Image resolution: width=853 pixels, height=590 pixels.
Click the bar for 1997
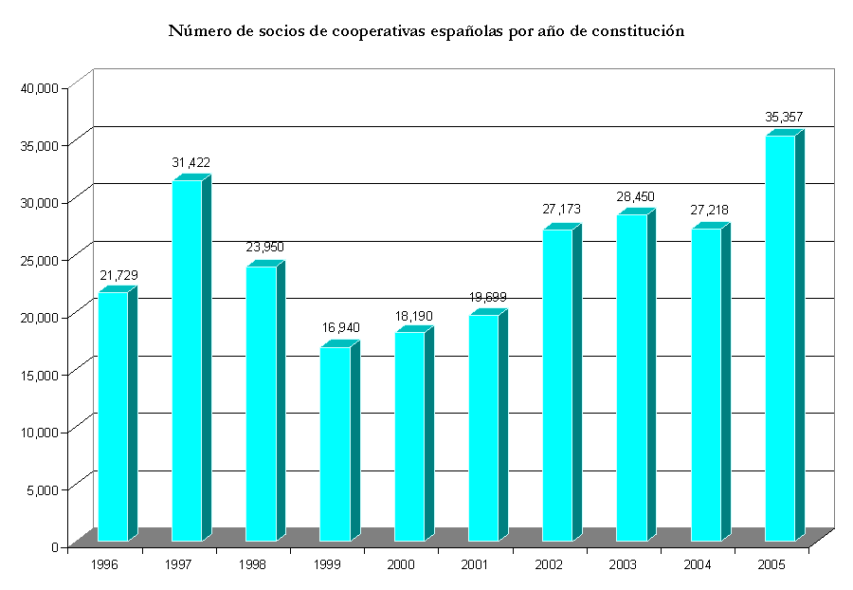point(187,360)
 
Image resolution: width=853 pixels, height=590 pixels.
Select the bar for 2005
point(780,338)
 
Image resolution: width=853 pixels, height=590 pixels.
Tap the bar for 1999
point(335,444)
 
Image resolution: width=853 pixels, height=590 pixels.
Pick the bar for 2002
point(557,385)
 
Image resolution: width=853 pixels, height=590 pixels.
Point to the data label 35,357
point(784,118)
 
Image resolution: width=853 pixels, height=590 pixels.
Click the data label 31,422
point(191,162)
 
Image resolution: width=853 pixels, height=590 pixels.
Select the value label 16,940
point(339,327)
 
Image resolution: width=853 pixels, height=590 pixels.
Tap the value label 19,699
point(487,297)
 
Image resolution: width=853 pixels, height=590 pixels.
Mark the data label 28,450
point(635,196)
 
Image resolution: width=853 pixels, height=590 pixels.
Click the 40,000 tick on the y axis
point(40,88)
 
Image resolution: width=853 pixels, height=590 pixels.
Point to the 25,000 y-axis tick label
point(40,260)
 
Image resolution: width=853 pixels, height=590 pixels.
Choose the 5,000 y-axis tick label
point(43,489)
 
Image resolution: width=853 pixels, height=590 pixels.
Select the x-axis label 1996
point(104,564)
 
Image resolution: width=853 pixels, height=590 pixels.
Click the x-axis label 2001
point(475,564)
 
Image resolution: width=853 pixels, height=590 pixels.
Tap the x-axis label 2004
point(697,564)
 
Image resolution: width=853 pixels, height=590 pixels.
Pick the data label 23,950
point(264,248)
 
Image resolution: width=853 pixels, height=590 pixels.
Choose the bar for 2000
point(409,436)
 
